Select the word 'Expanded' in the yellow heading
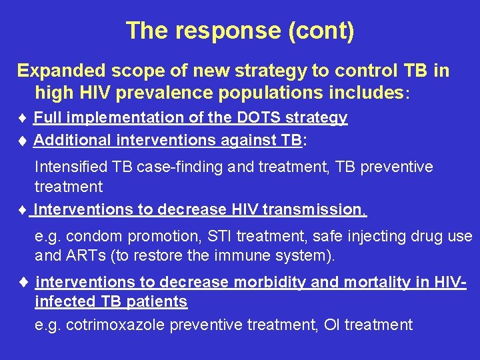pyautogui.click(x=59, y=71)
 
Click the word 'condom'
pyautogui.click(x=89, y=236)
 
